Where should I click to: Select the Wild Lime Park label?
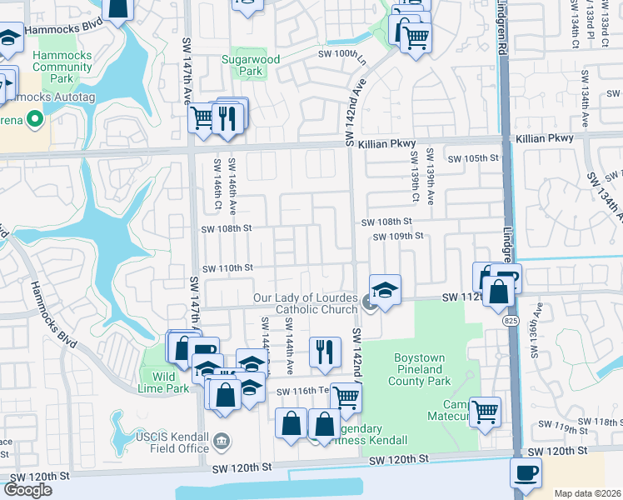165,382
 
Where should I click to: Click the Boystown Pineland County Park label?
421,369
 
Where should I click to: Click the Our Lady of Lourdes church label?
305,303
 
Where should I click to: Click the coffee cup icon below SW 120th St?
526,473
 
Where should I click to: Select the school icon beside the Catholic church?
385,291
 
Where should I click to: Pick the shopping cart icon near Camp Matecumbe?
485,411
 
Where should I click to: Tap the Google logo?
27,490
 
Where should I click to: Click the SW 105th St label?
472,157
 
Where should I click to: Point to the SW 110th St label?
227,267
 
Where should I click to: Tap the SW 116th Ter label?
300,392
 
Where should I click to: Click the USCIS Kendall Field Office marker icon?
222,440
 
